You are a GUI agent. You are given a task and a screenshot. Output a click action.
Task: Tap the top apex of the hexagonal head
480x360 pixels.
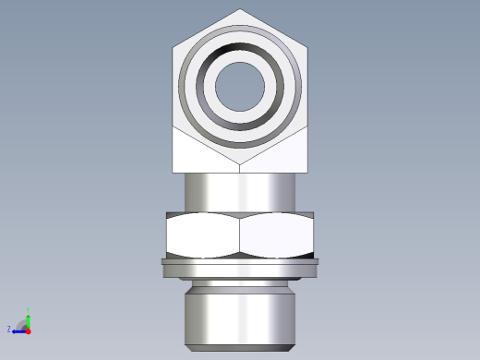click(x=241, y=10)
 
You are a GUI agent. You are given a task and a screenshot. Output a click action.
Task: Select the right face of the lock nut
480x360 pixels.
click(x=278, y=234)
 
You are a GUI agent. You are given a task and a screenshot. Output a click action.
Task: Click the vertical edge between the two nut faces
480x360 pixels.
click(x=240, y=234)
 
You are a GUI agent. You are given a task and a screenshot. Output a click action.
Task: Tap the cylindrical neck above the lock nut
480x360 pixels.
click(x=240, y=192)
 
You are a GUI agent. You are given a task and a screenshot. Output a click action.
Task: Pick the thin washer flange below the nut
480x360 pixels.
click(x=240, y=267)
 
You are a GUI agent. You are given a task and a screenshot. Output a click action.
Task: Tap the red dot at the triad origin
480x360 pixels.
click(x=29, y=330)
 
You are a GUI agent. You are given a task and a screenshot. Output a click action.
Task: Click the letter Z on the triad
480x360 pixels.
click(x=9, y=329)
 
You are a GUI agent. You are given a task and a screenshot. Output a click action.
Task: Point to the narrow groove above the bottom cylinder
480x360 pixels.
click(x=240, y=282)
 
